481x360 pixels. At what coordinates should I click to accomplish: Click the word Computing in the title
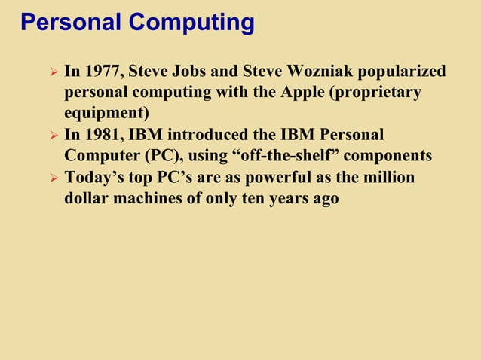(191, 23)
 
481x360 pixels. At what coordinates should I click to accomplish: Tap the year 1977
(102, 72)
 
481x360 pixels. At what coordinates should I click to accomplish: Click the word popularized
(402, 72)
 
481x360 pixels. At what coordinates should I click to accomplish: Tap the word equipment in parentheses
(106, 114)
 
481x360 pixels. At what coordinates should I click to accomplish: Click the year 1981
(102, 136)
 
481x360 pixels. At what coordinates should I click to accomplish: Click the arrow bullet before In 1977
(52, 73)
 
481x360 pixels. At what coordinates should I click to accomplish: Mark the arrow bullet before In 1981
(52, 136)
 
